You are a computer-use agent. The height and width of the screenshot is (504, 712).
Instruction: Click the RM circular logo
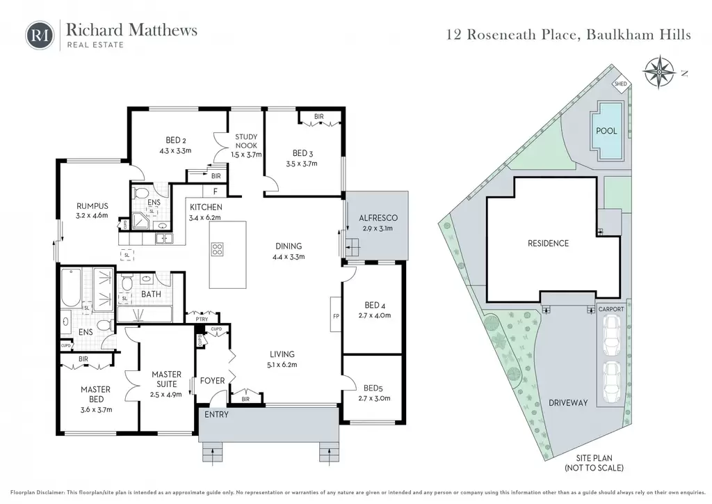(40, 36)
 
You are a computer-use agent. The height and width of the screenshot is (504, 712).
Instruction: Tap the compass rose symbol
(658, 72)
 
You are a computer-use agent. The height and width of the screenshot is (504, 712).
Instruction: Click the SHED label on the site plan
(620, 84)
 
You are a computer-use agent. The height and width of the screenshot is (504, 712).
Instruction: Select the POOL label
(606, 131)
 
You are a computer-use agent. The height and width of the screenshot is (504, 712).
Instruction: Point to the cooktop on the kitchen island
(218, 249)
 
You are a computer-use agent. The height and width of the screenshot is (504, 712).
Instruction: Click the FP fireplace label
(336, 316)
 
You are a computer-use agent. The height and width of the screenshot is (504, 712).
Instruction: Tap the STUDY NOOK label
(246, 141)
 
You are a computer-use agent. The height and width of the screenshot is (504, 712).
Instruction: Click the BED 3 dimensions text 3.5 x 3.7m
(302, 164)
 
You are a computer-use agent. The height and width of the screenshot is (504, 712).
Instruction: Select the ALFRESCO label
(378, 218)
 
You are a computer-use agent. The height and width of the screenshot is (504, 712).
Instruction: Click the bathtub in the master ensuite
(72, 288)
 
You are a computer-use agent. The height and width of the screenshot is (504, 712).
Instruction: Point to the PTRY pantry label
(202, 319)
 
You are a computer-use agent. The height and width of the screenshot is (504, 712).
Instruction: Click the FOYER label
(213, 380)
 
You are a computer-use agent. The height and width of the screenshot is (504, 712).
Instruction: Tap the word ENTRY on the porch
(216, 414)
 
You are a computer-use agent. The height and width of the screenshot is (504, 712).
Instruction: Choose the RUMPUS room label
(92, 206)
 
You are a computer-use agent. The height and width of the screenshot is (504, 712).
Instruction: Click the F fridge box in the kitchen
(216, 191)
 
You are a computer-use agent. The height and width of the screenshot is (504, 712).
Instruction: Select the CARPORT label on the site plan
(611, 309)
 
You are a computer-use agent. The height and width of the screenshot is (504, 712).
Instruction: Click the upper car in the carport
(610, 334)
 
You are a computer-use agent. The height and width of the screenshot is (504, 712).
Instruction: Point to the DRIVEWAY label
(568, 402)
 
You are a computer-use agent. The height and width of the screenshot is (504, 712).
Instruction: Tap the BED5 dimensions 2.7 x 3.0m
(374, 399)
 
